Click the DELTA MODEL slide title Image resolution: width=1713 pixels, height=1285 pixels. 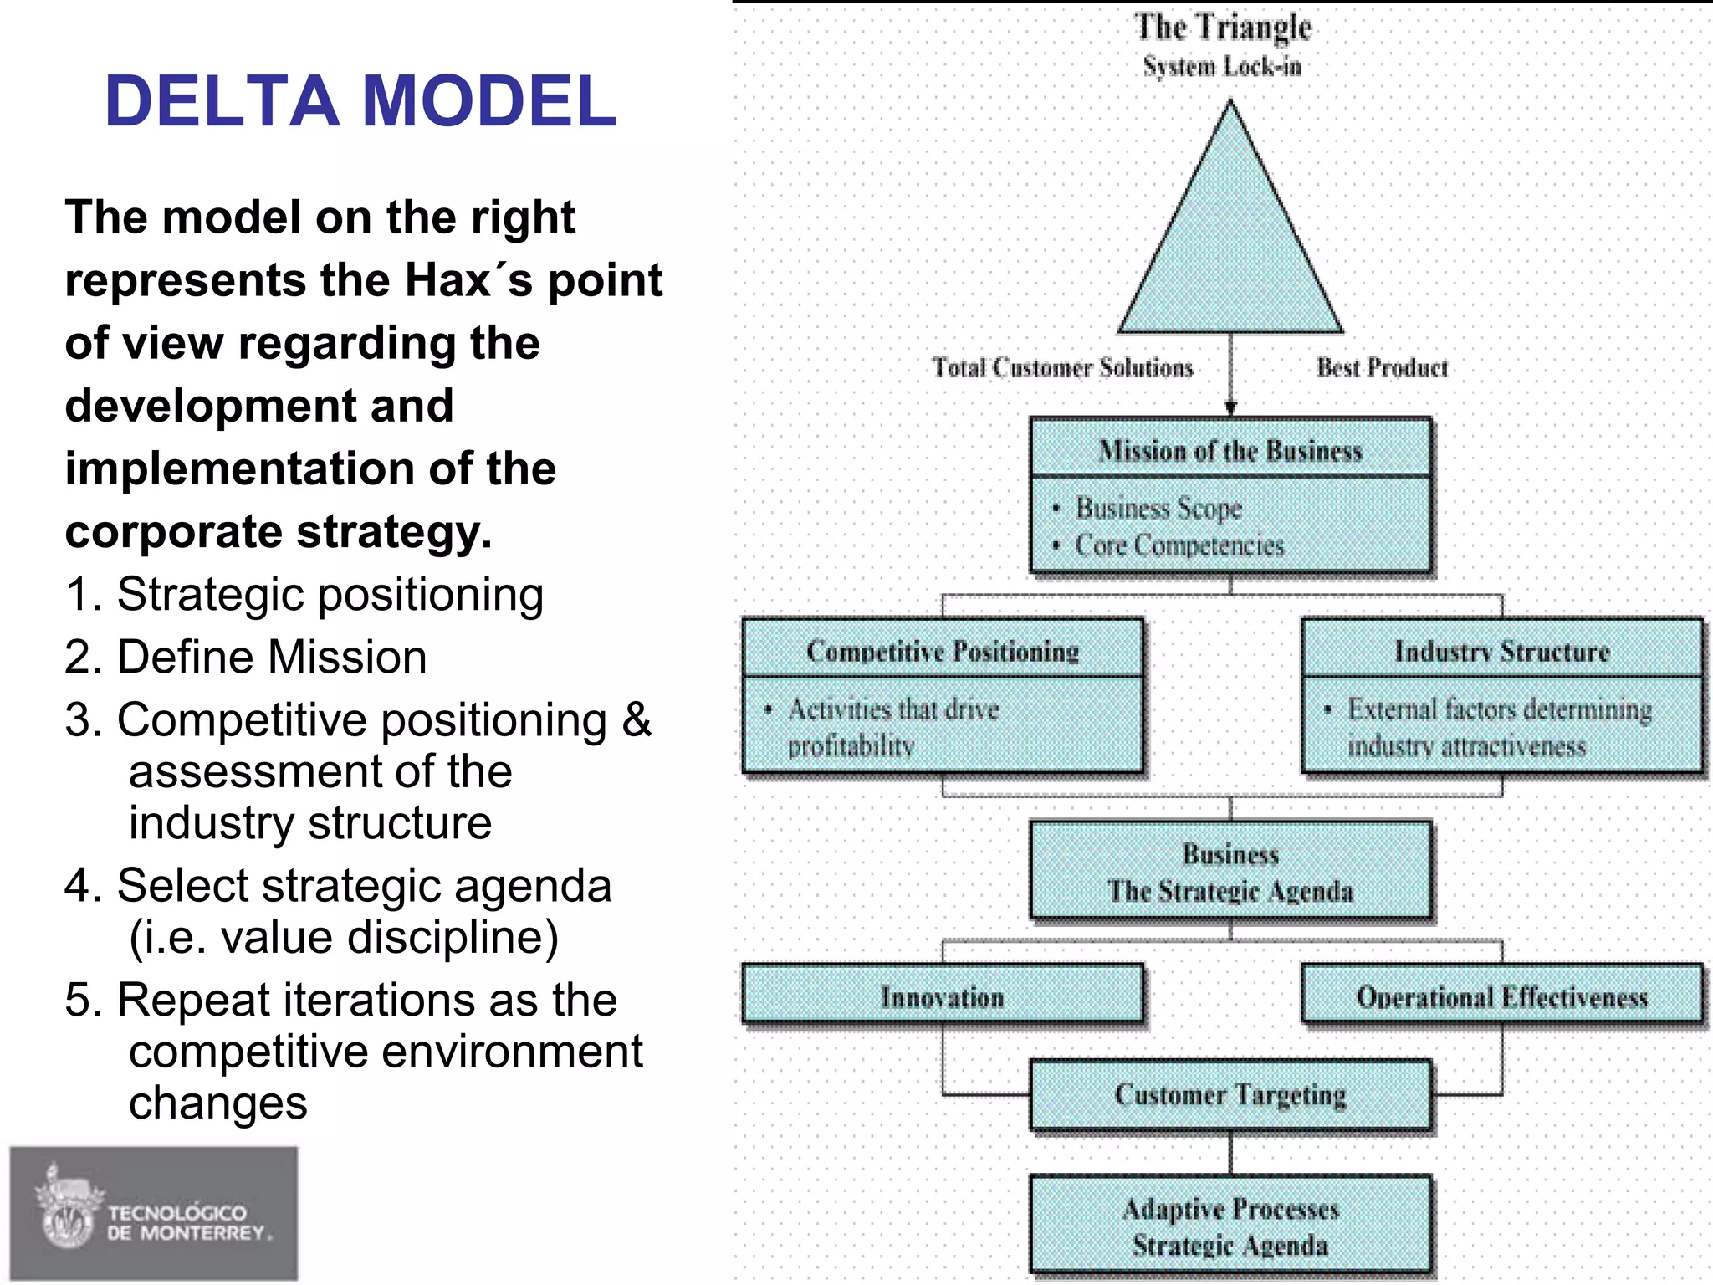pyautogui.click(x=360, y=101)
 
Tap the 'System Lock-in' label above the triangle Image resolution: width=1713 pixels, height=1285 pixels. pyautogui.click(x=1222, y=66)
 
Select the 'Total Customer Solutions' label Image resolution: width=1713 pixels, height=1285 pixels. pyautogui.click(x=1062, y=368)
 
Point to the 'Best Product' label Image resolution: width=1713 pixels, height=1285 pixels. pyautogui.click(x=1382, y=368)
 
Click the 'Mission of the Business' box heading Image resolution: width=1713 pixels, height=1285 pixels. pyautogui.click(x=1230, y=451)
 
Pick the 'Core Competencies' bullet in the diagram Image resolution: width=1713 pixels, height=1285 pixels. pyautogui.click(x=1179, y=545)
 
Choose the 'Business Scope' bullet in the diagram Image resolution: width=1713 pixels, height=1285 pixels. pyautogui.click(x=1158, y=508)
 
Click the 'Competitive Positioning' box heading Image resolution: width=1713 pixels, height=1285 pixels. pyautogui.click(x=943, y=651)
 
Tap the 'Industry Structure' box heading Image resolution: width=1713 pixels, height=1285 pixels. pyautogui.click(x=1501, y=651)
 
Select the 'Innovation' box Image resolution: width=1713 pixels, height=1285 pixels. pyautogui.click(x=943, y=996)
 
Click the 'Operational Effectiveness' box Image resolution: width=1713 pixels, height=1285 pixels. pyautogui.click(x=1501, y=996)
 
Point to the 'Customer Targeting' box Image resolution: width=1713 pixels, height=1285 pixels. pyautogui.click(x=1230, y=1094)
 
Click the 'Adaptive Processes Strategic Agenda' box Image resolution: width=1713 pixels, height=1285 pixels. pyautogui.click(x=1230, y=1226)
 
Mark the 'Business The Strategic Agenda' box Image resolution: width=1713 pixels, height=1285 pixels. pyautogui.click(x=1230, y=872)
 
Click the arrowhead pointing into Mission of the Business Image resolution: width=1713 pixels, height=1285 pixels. pyautogui.click(x=1230, y=408)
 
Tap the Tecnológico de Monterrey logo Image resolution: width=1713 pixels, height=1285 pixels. pyautogui.click(x=154, y=1213)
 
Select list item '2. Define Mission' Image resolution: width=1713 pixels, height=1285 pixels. pyautogui.click(x=246, y=657)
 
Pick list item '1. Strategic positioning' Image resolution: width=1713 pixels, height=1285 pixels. pyautogui.click(x=304, y=595)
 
